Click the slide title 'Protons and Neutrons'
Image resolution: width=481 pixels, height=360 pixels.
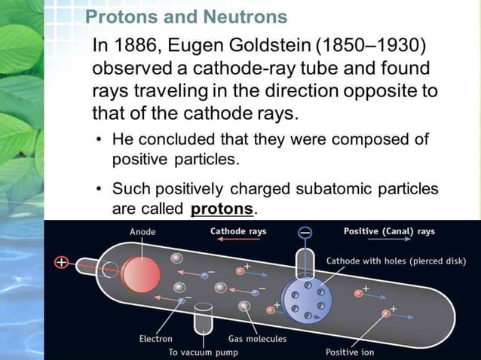click(x=186, y=17)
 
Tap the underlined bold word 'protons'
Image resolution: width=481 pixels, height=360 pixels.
click(x=222, y=208)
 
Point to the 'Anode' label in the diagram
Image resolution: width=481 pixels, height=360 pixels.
click(x=142, y=232)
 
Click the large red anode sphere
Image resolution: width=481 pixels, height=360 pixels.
click(x=138, y=272)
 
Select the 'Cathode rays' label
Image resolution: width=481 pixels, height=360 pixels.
click(x=237, y=231)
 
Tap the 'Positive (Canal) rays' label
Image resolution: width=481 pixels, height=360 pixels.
click(x=389, y=231)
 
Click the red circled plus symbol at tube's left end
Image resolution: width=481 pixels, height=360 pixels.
click(x=61, y=263)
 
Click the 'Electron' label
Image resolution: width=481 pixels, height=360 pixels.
click(x=155, y=339)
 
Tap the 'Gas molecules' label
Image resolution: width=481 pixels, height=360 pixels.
click(x=257, y=339)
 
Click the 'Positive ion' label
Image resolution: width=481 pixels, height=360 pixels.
click(x=350, y=352)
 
